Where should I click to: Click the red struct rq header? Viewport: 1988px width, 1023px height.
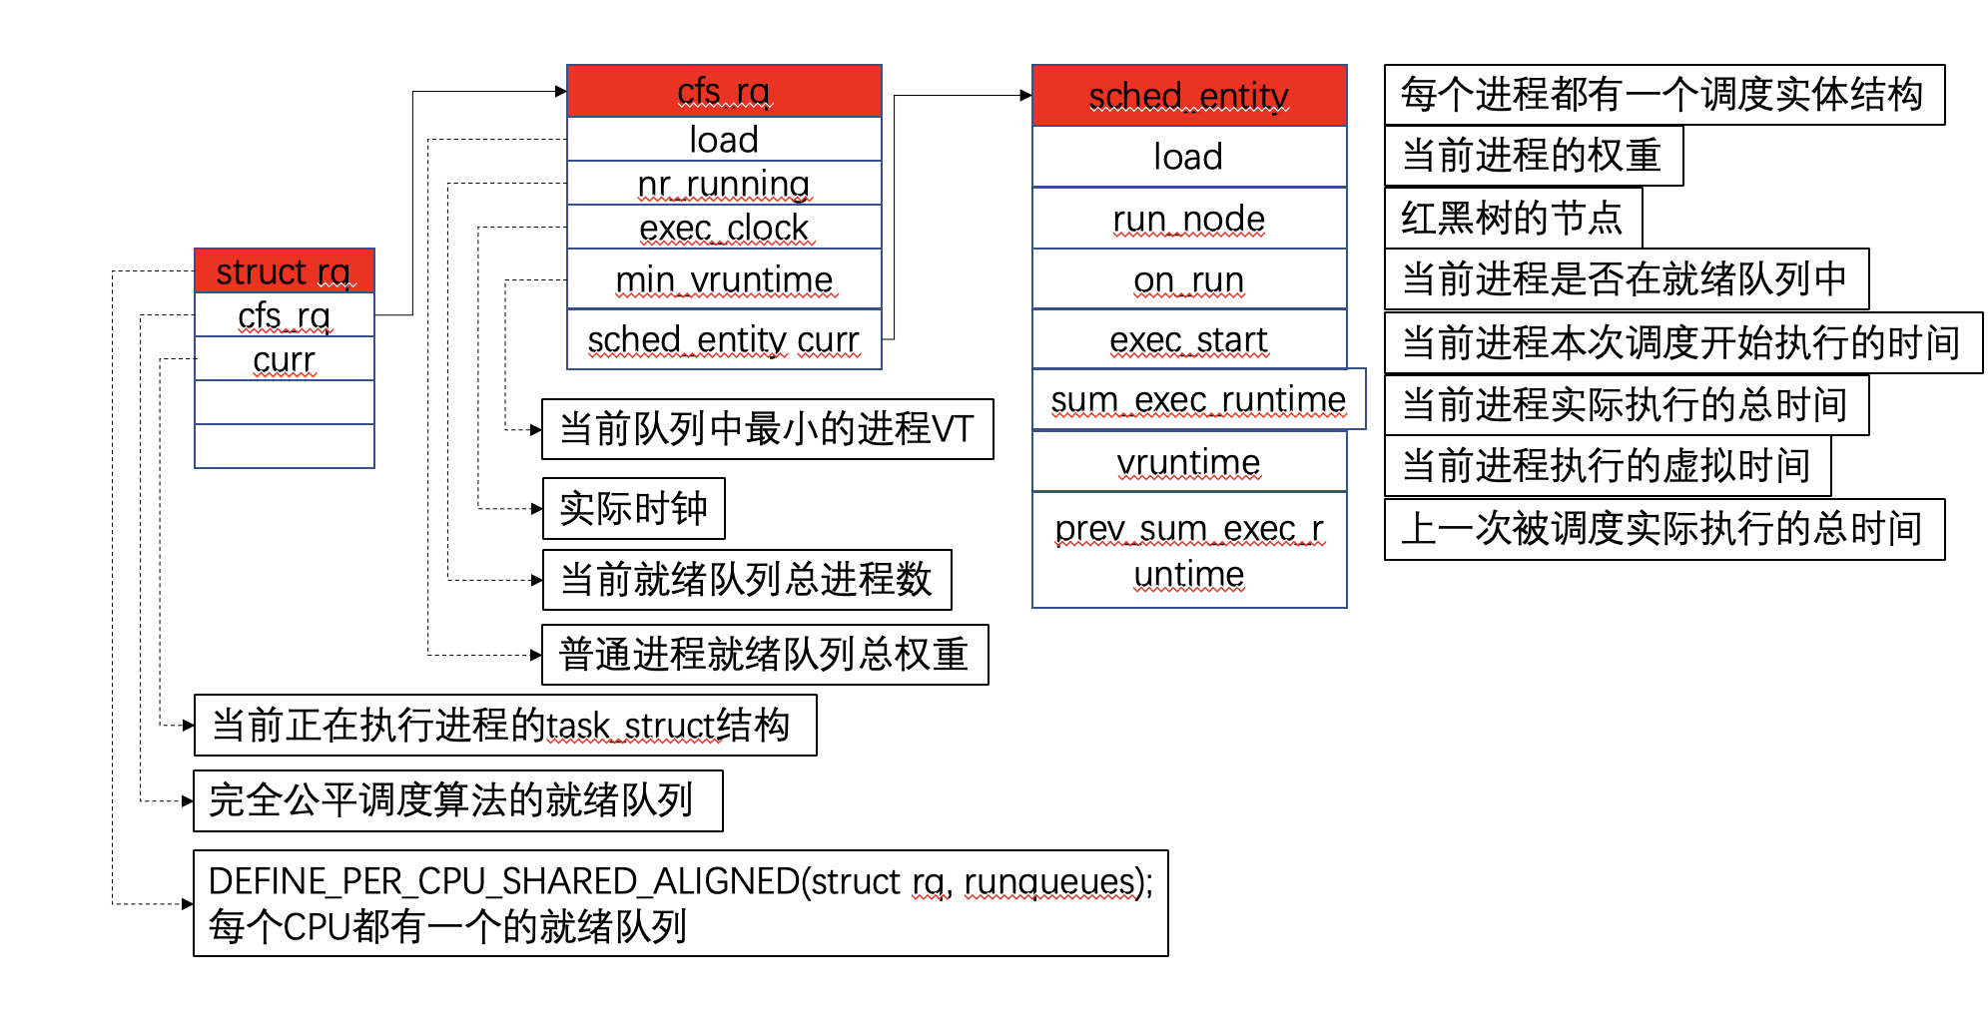[x=284, y=271]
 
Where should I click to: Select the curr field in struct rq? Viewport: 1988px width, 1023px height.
[x=284, y=359]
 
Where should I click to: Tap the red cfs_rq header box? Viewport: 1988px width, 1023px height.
[x=724, y=92]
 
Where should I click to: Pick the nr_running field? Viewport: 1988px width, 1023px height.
[x=724, y=184]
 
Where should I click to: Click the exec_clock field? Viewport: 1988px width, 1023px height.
[x=724, y=228]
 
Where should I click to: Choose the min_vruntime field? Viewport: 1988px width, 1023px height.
[x=724, y=279]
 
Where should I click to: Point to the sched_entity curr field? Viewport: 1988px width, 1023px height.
[x=724, y=340]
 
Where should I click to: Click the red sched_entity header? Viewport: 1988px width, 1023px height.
[x=1188, y=96]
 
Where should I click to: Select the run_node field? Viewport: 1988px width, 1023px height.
[x=1188, y=219]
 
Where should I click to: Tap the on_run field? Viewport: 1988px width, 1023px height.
[x=1188, y=280]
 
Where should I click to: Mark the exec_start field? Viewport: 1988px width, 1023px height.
[x=1188, y=340]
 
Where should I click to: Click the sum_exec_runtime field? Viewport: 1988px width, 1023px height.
[x=1198, y=399]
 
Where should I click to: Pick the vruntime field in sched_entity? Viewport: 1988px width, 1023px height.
[x=1188, y=462]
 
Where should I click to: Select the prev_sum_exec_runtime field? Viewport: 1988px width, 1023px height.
[x=1188, y=550]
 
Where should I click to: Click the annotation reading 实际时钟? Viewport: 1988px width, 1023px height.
[x=633, y=508]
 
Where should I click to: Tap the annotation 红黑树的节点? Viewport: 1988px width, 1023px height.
[x=1512, y=218]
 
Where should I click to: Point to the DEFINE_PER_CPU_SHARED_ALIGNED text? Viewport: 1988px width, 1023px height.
[x=680, y=882]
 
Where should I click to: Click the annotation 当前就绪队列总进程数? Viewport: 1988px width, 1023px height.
[x=746, y=580]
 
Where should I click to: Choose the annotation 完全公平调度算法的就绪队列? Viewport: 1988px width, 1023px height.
[x=457, y=800]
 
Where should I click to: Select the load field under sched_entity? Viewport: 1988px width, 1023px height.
[x=1188, y=157]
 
